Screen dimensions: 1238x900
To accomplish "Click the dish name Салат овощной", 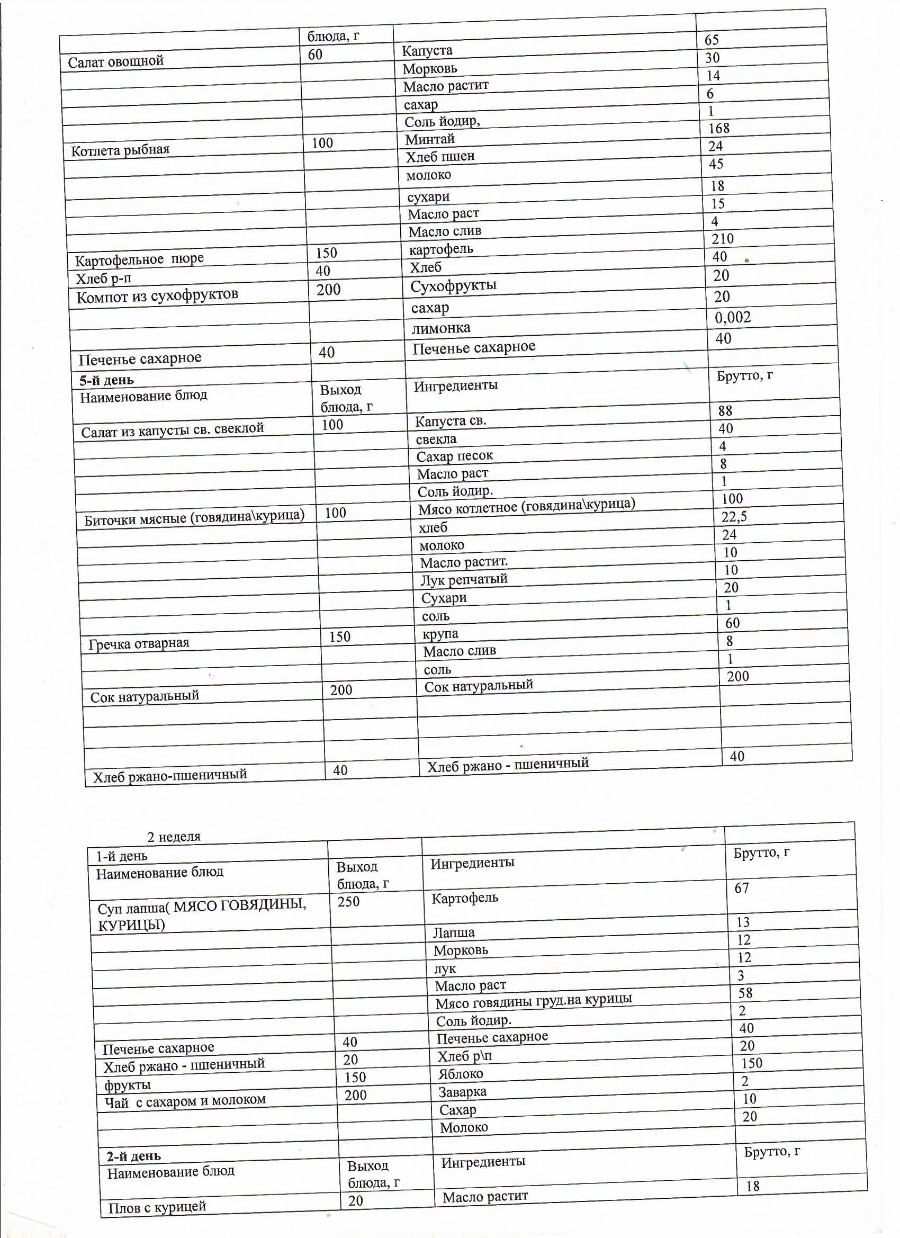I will (x=116, y=61).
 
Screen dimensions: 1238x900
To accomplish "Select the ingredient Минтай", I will (x=429, y=139).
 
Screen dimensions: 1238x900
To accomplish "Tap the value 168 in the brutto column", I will (x=719, y=128).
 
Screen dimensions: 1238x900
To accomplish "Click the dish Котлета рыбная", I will (x=120, y=150).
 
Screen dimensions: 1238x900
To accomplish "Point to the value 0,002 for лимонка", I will (x=733, y=317).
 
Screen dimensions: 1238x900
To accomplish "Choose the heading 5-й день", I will (x=106, y=380).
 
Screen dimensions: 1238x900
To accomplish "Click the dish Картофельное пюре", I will (x=139, y=259).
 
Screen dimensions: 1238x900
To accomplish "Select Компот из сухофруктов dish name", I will (x=157, y=296).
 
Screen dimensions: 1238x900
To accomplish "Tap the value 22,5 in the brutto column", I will (x=734, y=516).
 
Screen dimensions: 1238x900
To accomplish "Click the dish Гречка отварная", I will (x=139, y=643).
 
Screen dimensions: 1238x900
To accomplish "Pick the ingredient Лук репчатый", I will (x=464, y=579).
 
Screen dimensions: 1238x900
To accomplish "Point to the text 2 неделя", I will (x=174, y=836).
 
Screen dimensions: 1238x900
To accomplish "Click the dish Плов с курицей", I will (x=157, y=1207).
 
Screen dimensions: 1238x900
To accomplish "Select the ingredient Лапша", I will (x=454, y=932).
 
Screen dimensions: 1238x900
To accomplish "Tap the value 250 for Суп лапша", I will (x=348, y=902).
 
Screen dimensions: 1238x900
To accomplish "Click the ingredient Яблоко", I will (x=460, y=1074).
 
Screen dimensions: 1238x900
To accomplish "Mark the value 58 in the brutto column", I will (x=745, y=993).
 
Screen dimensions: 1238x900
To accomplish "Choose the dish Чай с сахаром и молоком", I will (x=185, y=1100).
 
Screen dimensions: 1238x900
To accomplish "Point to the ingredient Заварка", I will (x=462, y=1092).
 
